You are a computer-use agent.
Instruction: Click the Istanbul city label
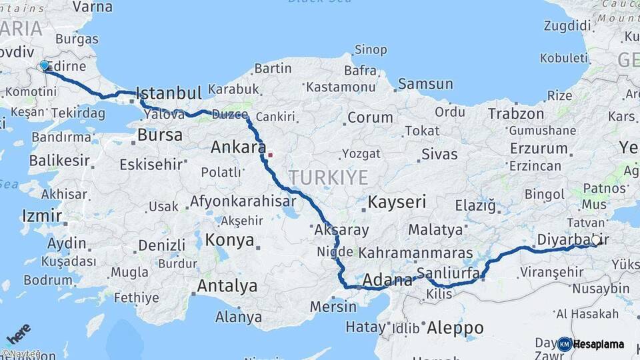168,93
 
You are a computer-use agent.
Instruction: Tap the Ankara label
238,147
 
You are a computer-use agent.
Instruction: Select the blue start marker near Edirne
45,65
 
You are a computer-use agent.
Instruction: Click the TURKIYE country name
328,177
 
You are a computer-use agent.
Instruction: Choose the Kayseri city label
397,201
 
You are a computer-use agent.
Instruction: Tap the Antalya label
227,287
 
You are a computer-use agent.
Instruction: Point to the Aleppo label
455,328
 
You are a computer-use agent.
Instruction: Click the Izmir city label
42,216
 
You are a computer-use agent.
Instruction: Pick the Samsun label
425,85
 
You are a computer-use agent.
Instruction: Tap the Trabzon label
516,113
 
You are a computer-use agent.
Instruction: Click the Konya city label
229,240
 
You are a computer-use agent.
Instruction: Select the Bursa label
159,135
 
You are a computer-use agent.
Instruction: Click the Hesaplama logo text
598,345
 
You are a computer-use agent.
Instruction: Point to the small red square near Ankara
271,155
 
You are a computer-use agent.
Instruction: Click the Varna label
92,7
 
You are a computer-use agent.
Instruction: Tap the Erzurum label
539,148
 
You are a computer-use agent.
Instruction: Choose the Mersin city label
333,307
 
